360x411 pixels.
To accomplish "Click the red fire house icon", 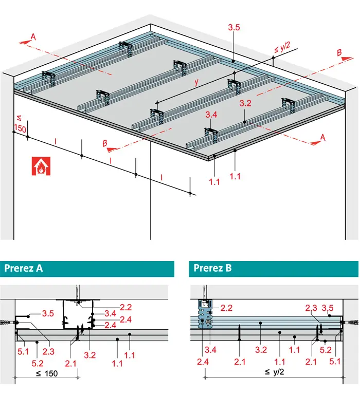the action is [41, 166].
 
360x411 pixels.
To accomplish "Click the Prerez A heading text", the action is [24, 268].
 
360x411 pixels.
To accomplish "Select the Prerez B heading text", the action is [212, 268].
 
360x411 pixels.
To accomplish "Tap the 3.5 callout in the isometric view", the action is [234, 27].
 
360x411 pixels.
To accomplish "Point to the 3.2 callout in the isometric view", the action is [245, 103].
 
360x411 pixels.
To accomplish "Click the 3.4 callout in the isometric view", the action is [211, 115].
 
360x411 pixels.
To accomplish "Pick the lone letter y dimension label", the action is [196, 82].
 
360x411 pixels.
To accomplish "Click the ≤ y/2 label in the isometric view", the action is [282, 47].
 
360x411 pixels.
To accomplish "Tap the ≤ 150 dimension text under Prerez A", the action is [47, 373].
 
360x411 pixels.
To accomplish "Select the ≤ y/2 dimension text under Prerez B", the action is [275, 371].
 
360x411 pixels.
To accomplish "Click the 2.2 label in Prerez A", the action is [125, 307].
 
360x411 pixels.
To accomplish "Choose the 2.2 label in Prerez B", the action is [226, 308].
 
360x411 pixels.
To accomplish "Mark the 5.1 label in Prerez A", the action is [23, 351].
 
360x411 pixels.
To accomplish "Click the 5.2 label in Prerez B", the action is [326, 350].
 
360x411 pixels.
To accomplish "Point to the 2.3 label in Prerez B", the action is [311, 308].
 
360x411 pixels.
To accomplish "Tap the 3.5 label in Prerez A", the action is [48, 313].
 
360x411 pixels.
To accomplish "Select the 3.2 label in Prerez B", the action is [261, 350].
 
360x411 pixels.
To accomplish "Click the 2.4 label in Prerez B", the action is [203, 362].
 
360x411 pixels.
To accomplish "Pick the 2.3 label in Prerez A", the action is [48, 351].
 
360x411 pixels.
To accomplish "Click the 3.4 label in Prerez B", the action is [210, 350].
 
